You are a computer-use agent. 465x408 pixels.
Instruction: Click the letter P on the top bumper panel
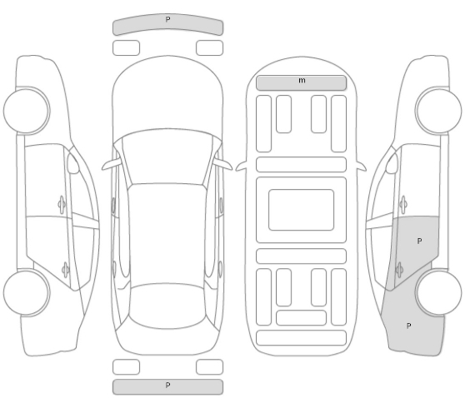167,19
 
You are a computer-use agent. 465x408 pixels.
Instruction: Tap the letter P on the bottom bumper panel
167,385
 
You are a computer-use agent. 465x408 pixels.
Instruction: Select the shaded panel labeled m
301,83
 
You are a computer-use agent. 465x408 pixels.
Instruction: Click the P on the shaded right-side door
419,241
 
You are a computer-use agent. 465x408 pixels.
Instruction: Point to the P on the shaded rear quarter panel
408,326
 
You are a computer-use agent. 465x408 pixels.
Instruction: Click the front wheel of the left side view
27,111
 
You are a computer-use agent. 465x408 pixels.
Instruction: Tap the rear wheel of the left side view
27,292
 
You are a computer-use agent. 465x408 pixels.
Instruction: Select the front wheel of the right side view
438,111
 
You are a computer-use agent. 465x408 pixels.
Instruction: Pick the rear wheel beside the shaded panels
438,292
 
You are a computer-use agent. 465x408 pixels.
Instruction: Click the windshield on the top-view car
167,157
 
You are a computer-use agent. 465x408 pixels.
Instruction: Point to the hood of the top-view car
167,95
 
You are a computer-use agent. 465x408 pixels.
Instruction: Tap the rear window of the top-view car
167,306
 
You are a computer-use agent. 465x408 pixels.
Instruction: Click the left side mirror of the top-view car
112,165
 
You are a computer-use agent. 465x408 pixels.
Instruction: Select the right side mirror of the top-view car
223,164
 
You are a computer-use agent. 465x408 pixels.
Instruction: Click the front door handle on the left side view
62,205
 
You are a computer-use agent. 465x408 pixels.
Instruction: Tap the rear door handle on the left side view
65,271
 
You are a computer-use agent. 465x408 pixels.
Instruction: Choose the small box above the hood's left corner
126,48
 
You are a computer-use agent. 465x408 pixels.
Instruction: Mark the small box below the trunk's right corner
209,367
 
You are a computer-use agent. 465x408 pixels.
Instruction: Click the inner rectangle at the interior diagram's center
301,210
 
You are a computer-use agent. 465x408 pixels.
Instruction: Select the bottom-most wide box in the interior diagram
301,338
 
